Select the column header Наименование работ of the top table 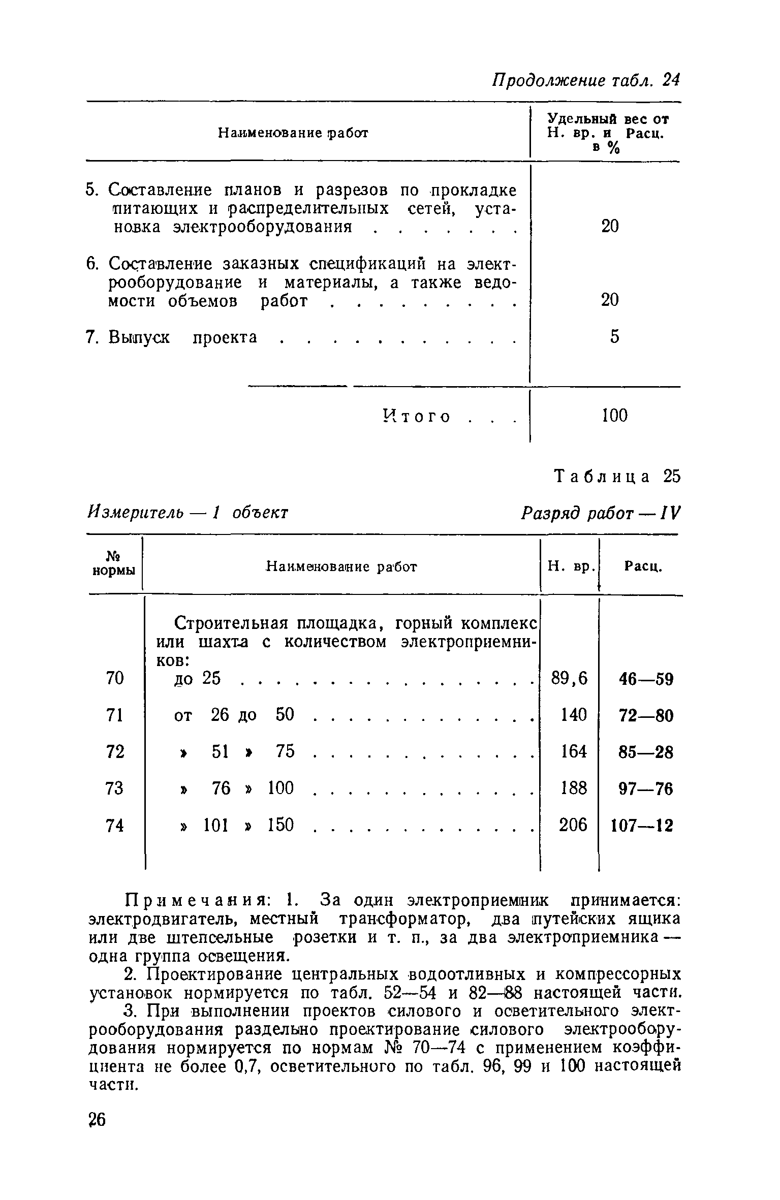(x=293, y=133)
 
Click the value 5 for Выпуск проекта (x=614, y=337)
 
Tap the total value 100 (x=614, y=416)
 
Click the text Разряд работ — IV (x=600, y=513)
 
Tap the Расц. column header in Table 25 (x=643, y=566)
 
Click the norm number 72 (x=115, y=752)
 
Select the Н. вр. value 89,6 (x=569, y=678)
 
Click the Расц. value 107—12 (x=642, y=826)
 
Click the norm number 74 (x=115, y=826)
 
